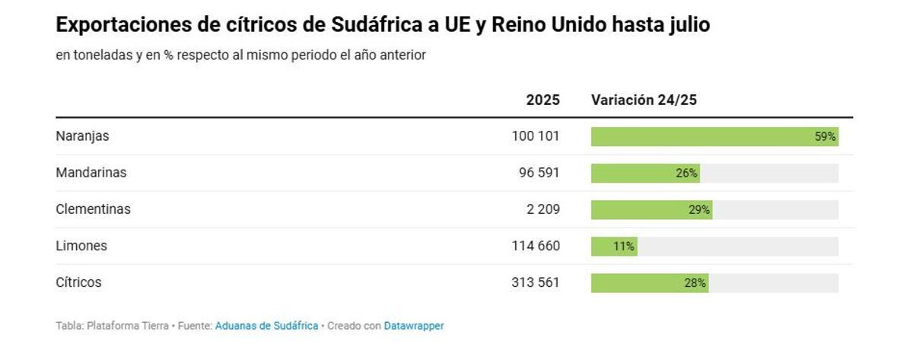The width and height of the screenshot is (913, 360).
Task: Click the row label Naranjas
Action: click(x=82, y=136)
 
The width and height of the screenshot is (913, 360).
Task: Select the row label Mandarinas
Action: click(x=91, y=173)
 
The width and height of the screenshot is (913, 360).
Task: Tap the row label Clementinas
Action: click(x=93, y=209)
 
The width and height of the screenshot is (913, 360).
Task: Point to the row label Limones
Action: click(x=81, y=246)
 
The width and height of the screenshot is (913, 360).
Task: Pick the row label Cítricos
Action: click(x=78, y=282)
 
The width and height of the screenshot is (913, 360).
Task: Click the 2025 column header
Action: click(x=542, y=100)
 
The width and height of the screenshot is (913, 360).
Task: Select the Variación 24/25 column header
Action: click(x=644, y=100)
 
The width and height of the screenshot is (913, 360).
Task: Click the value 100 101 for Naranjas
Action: click(x=536, y=136)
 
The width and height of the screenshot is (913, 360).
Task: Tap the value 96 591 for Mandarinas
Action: click(x=539, y=173)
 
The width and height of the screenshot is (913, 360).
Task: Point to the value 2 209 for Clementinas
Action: click(x=542, y=209)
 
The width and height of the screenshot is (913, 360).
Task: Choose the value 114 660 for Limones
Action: click(x=536, y=246)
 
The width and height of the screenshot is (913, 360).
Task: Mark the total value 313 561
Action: click(x=536, y=282)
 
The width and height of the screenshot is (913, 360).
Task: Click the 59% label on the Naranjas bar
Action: click(x=825, y=137)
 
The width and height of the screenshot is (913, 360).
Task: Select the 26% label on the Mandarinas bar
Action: click(x=686, y=174)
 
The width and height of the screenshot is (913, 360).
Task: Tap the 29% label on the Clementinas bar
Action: click(x=699, y=210)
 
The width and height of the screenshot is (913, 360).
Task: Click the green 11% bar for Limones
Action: click(x=614, y=247)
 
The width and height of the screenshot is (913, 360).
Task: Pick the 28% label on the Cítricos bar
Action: click(x=695, y=283)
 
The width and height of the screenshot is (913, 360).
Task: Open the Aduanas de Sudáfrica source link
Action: click(x=266, y=326)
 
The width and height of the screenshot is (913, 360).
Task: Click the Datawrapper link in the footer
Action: click(x=413, y=326)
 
